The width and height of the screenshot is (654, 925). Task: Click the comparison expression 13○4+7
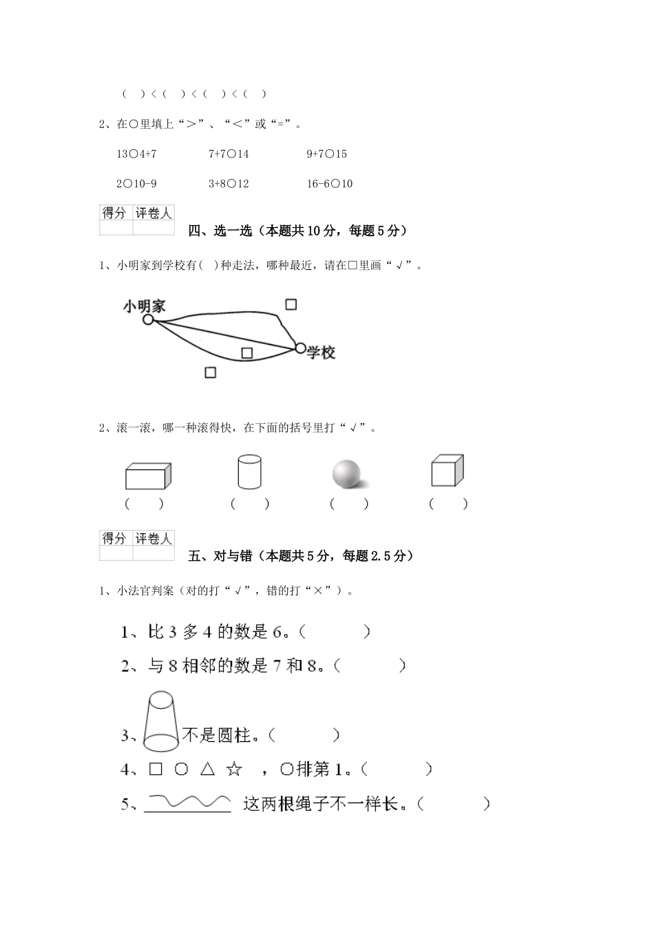[136, 154]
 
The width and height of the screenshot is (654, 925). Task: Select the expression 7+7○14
[229, 154]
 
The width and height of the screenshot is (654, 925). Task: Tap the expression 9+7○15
[326, 154]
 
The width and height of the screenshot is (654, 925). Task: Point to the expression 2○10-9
[136, 184]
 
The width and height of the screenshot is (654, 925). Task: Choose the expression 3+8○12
[229, 184]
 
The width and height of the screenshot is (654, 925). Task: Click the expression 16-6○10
[329, 184]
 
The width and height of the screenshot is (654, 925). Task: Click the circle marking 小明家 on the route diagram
[148, 319]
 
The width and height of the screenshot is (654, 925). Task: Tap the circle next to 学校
[300, 348]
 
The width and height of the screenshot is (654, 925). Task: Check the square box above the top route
[291, 304]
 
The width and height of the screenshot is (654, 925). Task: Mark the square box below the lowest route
[211, 372]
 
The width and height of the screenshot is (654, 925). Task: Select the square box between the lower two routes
[247, 353]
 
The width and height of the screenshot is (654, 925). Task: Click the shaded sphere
[346, 474]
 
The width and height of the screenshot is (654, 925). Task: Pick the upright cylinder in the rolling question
[249, 471]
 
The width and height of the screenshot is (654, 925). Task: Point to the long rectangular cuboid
[148, 476]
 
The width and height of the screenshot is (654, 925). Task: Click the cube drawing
[447, 471]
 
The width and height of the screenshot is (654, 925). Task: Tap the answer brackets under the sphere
[349, 504]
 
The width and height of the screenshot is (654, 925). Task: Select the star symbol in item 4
[235, 769]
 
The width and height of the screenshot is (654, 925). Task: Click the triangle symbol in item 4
[208, 769]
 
